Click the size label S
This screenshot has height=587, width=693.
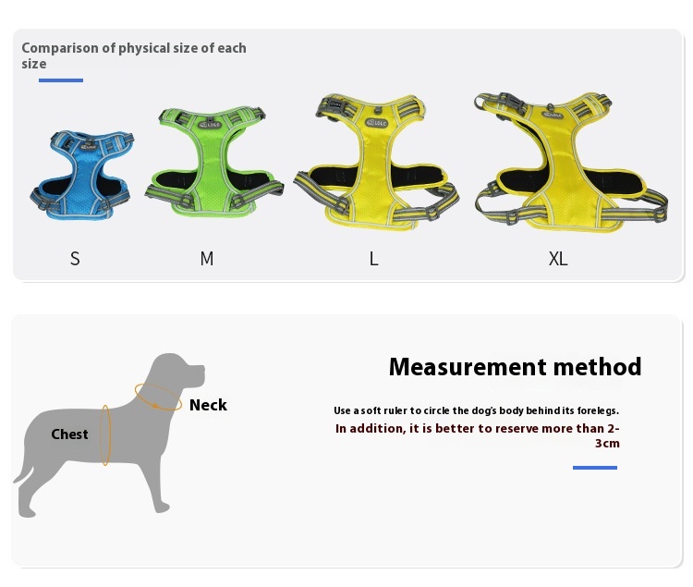click(x=75, y=259)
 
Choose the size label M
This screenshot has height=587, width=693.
click(x=207, y=259)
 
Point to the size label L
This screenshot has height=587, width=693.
click(x=374, y=259)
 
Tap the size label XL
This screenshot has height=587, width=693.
click(x=558, y=259)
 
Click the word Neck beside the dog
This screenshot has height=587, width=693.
click(x=208, y=405)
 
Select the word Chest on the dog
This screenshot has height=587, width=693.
click(x=69, y=434)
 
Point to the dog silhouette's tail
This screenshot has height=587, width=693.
click(x=22, y=474)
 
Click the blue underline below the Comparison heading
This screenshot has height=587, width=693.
click(x=61, y=80)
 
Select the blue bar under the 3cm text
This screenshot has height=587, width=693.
click(x=595, y=467)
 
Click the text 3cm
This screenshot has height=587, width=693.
click(x=607, y=444)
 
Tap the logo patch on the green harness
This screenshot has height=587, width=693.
click(x=210, y=125)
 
